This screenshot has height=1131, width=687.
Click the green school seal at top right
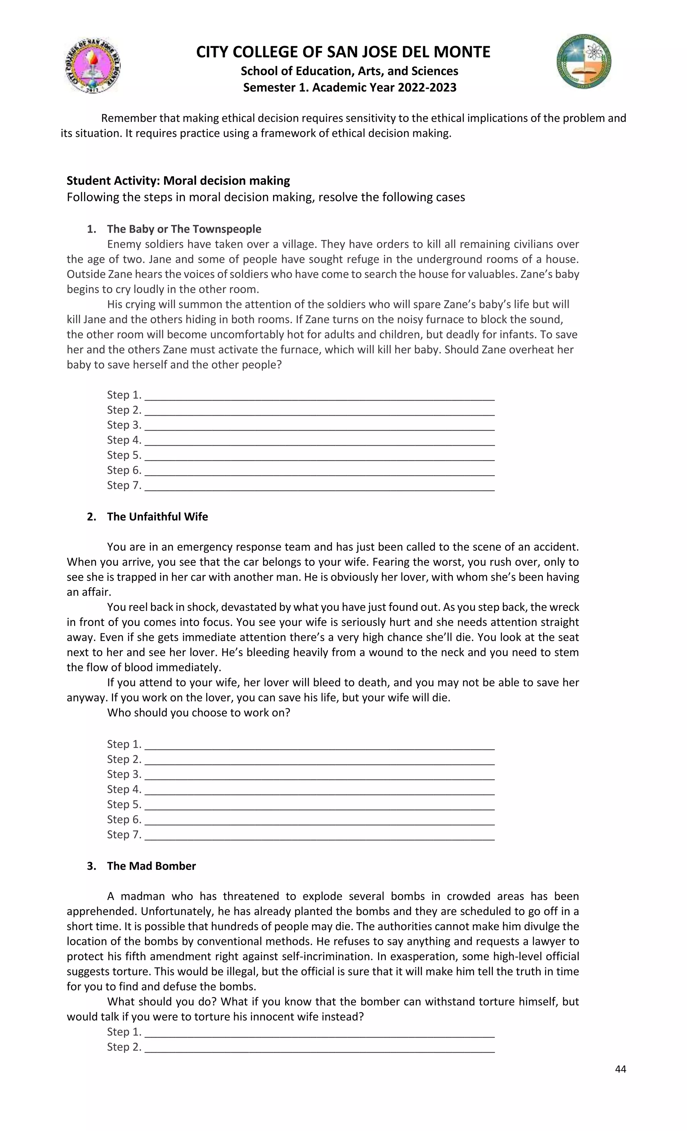584,61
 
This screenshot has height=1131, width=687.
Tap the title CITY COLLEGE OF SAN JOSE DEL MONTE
343,52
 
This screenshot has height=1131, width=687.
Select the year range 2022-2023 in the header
427,88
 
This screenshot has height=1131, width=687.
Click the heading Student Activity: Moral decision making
178,180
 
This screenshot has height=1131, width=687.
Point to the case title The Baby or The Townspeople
184,229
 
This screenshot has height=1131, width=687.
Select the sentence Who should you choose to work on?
198,713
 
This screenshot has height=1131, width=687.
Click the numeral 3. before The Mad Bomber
91,866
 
